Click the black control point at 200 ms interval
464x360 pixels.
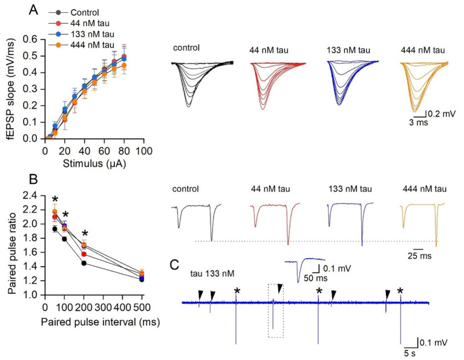(x=84, y=263)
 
